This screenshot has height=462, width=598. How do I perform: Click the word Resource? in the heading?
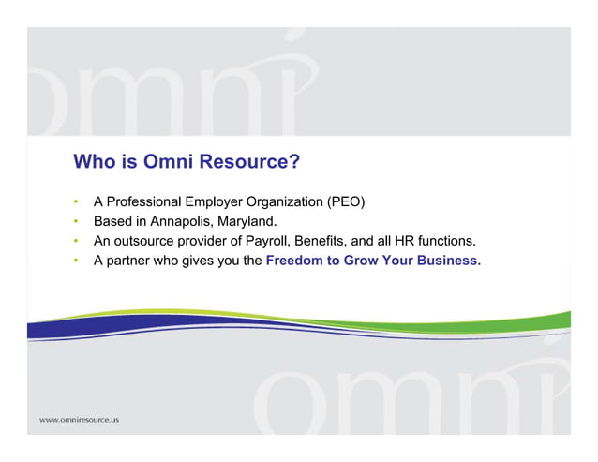point(253,162)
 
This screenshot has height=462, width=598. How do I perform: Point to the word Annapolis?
point(182,222)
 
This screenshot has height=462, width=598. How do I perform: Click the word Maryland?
point(247,222)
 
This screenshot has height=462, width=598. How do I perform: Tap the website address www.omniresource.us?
point(79,419)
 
